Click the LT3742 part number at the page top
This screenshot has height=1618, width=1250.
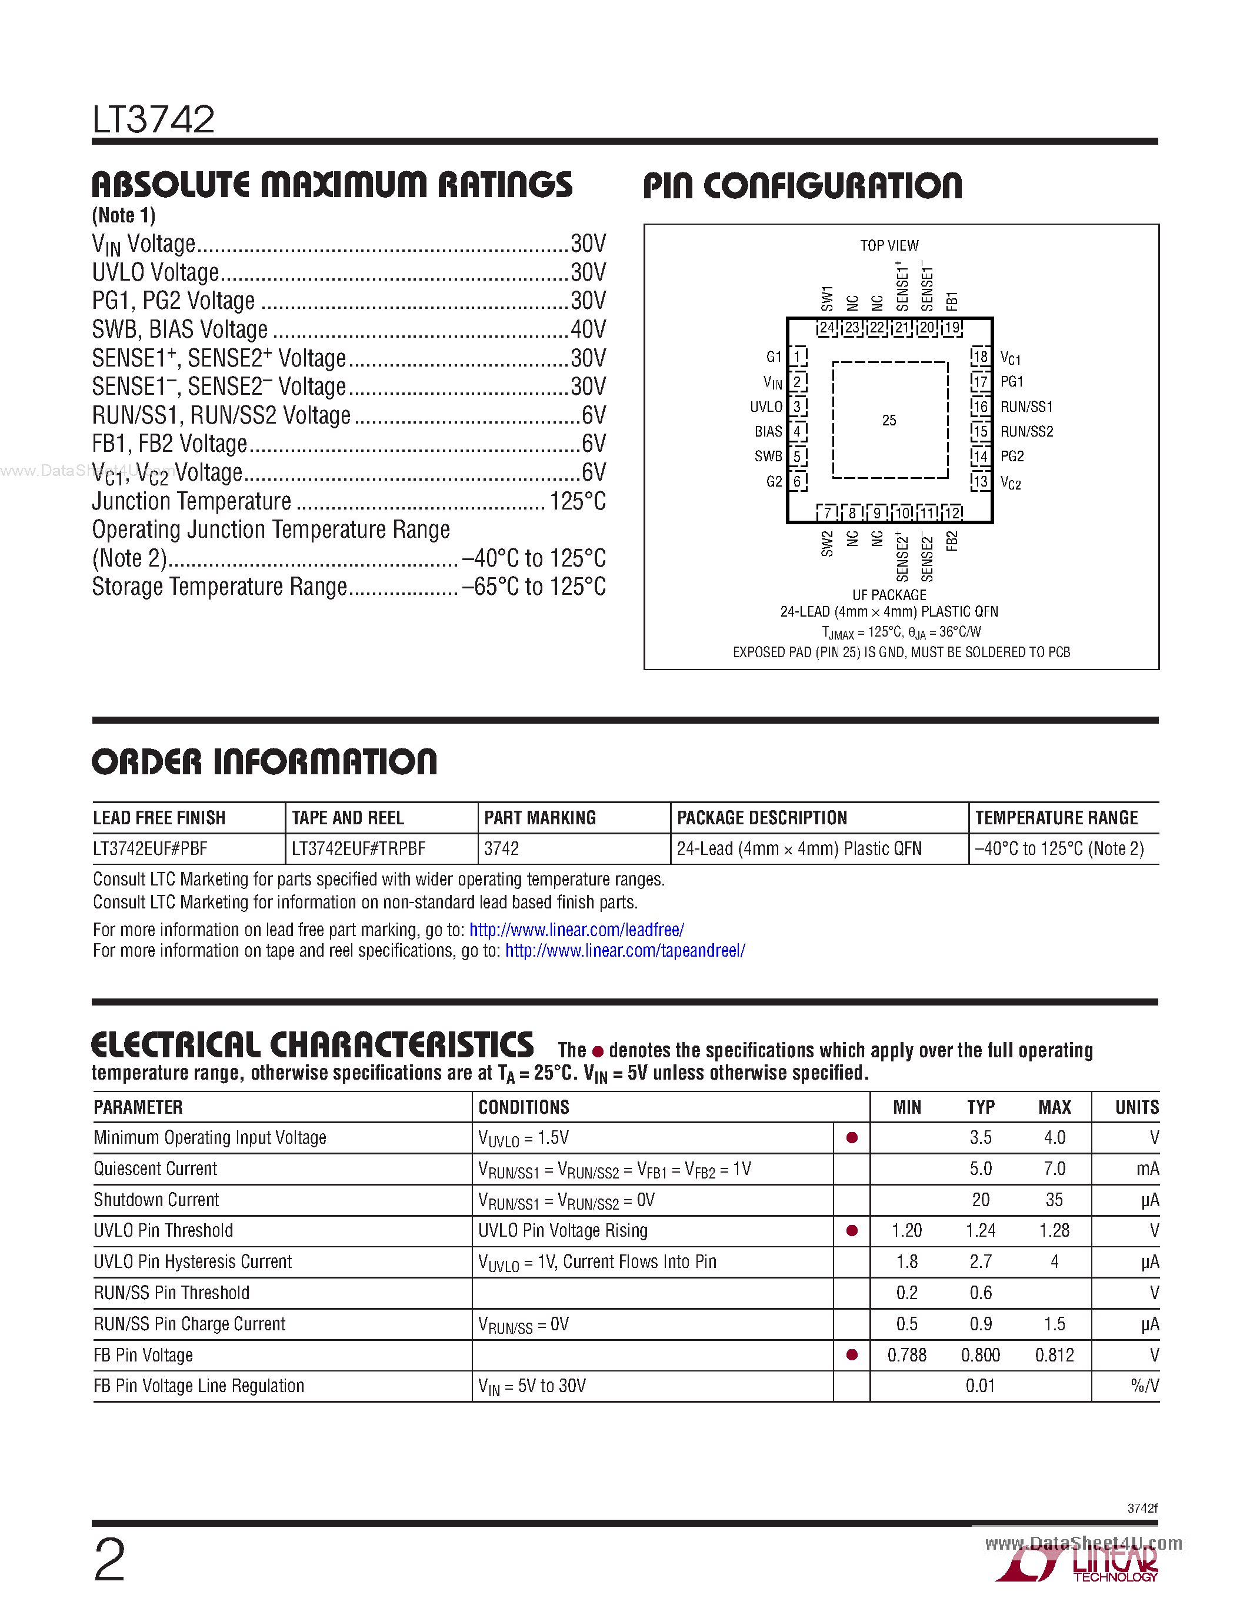tap(154, 120)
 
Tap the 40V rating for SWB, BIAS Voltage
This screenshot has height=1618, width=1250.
tap(588, 329)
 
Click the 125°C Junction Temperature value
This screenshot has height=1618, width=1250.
tap(577, 501)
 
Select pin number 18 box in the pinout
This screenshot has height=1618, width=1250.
tap(981, 357)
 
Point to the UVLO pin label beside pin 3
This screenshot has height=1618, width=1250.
tap(766, 407)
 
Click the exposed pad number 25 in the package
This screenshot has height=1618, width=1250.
tap(889, 421)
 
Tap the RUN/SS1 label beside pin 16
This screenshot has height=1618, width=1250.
tap(1026, 407)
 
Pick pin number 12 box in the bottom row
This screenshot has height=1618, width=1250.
tap(952, 512)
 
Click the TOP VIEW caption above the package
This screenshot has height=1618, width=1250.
tap(889, 245)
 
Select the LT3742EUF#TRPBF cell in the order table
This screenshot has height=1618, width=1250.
tap(358, 849)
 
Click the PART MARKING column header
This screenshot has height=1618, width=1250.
tap(540, 818)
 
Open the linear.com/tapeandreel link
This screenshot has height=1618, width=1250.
tap(625, 950)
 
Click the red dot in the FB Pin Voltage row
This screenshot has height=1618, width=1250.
tap(852, 1355)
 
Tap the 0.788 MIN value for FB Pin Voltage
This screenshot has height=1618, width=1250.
tap(906, 1355)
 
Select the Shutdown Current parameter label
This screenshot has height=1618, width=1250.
tap(156, 1200)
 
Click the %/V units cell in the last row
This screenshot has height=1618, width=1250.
tap(1145, 1386)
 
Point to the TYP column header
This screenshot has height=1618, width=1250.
tap(981, 1107)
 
